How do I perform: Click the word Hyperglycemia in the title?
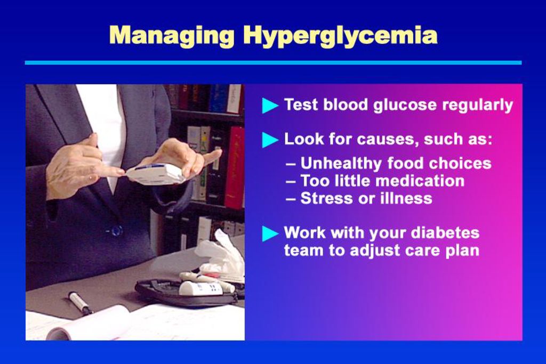[x=340, y=36]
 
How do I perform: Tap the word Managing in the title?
[x=172, y=36]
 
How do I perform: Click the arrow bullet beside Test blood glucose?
[x=270, y=106]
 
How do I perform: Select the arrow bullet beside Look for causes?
[x=270, y=140]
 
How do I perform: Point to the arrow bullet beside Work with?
[x=270, y=233]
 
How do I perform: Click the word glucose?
[x=405, y=105]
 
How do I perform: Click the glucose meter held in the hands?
[x=156, y=173]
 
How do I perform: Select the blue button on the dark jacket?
[x=116, y=230]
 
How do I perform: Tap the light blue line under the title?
[x=274, y=63]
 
